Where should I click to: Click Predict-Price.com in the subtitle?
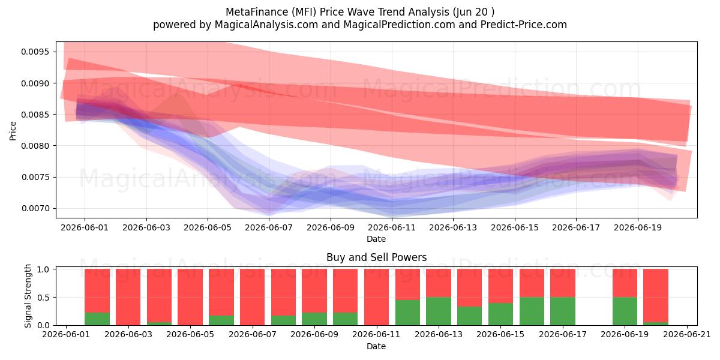(x=524, y=25)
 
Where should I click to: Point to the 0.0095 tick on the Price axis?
(x=35, y=52)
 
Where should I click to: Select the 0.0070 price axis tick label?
(x=35, y=208)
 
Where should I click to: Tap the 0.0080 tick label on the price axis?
(x=35, y=146)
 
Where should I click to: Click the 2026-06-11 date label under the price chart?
(x=392, y=227)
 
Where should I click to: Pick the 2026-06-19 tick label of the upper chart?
(x=638, y=227)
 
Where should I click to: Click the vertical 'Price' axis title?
(x=13, y=131)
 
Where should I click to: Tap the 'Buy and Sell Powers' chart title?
(x=376, y=257)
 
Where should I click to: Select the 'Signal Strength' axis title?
(x=28, y=296)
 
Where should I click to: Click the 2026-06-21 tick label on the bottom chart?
(x=687, y=334)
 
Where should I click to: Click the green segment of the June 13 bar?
(x=439, y=311)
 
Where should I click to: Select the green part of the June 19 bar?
(x=625, y=311)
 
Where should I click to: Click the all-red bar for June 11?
(x=376, y=297)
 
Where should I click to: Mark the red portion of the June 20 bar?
(x=656, y=295)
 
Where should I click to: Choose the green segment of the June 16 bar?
(x=532, y=311)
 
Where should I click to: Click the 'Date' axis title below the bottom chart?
(x=376, y=347)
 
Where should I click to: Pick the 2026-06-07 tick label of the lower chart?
(x=253, y=334)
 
